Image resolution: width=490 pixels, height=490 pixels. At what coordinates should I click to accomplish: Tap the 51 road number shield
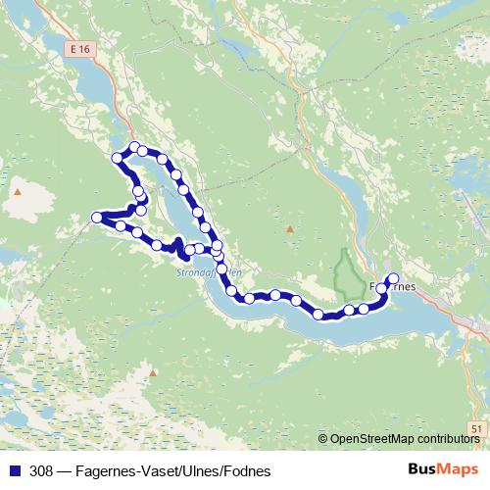click(475, 428)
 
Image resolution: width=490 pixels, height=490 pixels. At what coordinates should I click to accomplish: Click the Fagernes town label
click(394, 287)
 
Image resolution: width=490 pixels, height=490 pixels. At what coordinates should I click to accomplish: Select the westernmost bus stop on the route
click(97, 217)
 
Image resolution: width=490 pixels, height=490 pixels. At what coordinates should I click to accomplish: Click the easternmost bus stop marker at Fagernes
click(394, 278)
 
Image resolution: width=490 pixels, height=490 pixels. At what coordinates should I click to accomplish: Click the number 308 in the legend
click(42, 470)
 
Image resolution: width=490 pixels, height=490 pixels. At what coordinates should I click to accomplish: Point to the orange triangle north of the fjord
click(290, 229)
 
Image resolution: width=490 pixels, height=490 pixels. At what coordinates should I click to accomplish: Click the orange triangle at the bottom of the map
click(152, 372)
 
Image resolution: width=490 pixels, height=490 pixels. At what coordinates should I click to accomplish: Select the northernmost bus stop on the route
click(134, 147)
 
